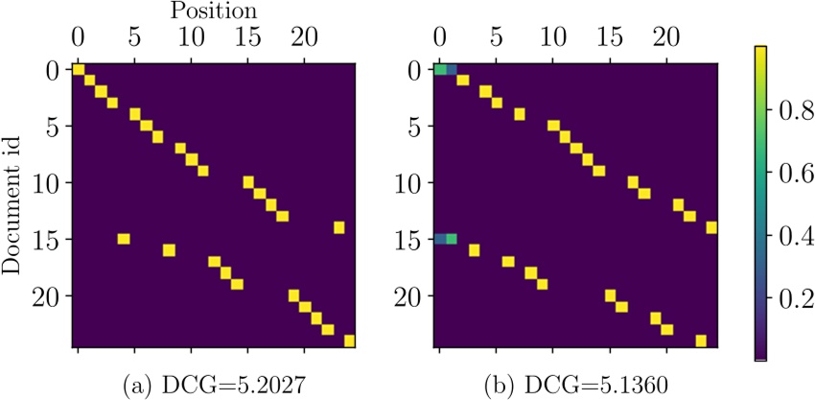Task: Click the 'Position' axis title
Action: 215,12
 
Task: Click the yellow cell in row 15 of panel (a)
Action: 123,239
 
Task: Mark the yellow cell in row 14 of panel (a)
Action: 339,227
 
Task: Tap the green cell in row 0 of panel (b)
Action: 440,70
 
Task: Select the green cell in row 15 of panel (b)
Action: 452,239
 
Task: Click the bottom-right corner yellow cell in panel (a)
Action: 350,340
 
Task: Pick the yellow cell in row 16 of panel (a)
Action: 169,250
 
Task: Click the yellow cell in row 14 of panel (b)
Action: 711,227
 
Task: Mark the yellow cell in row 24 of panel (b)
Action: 701,341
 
